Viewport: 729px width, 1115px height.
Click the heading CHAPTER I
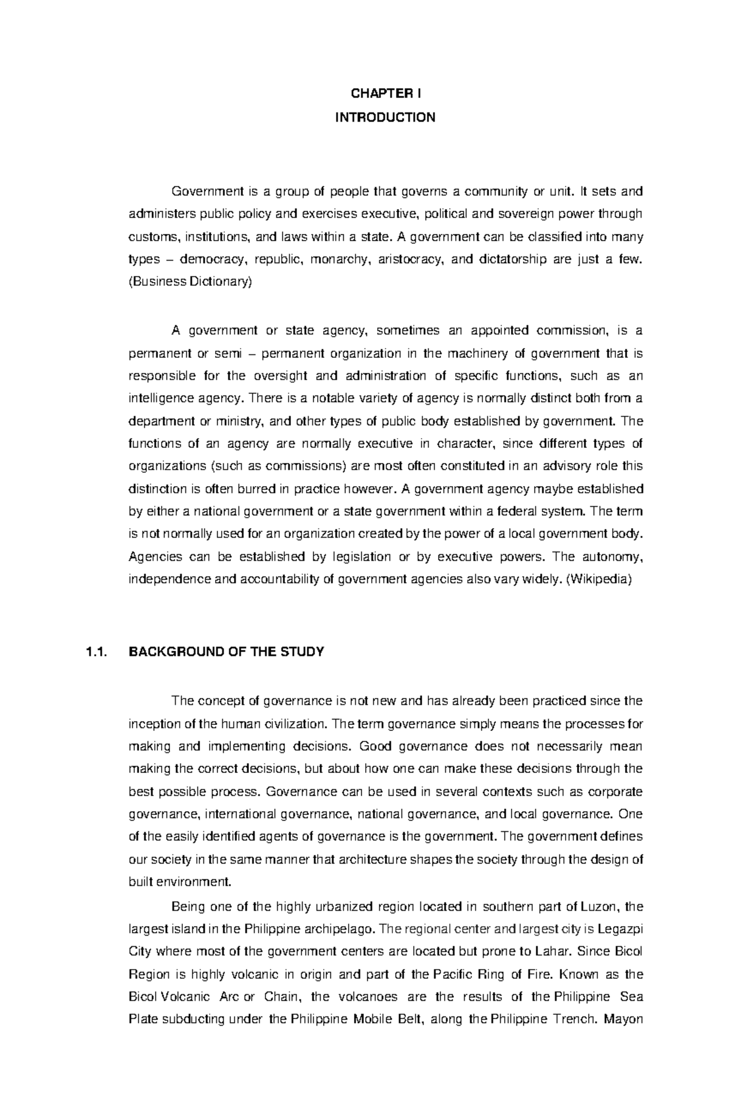(x=385, y=94)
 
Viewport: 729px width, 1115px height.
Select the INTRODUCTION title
(x=385, y=117)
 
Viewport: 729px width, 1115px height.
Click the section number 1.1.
(x=96, y=652)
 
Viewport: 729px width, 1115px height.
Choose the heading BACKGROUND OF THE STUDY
(x=227, y=652)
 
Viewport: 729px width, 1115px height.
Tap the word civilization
(x=289, y=724)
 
